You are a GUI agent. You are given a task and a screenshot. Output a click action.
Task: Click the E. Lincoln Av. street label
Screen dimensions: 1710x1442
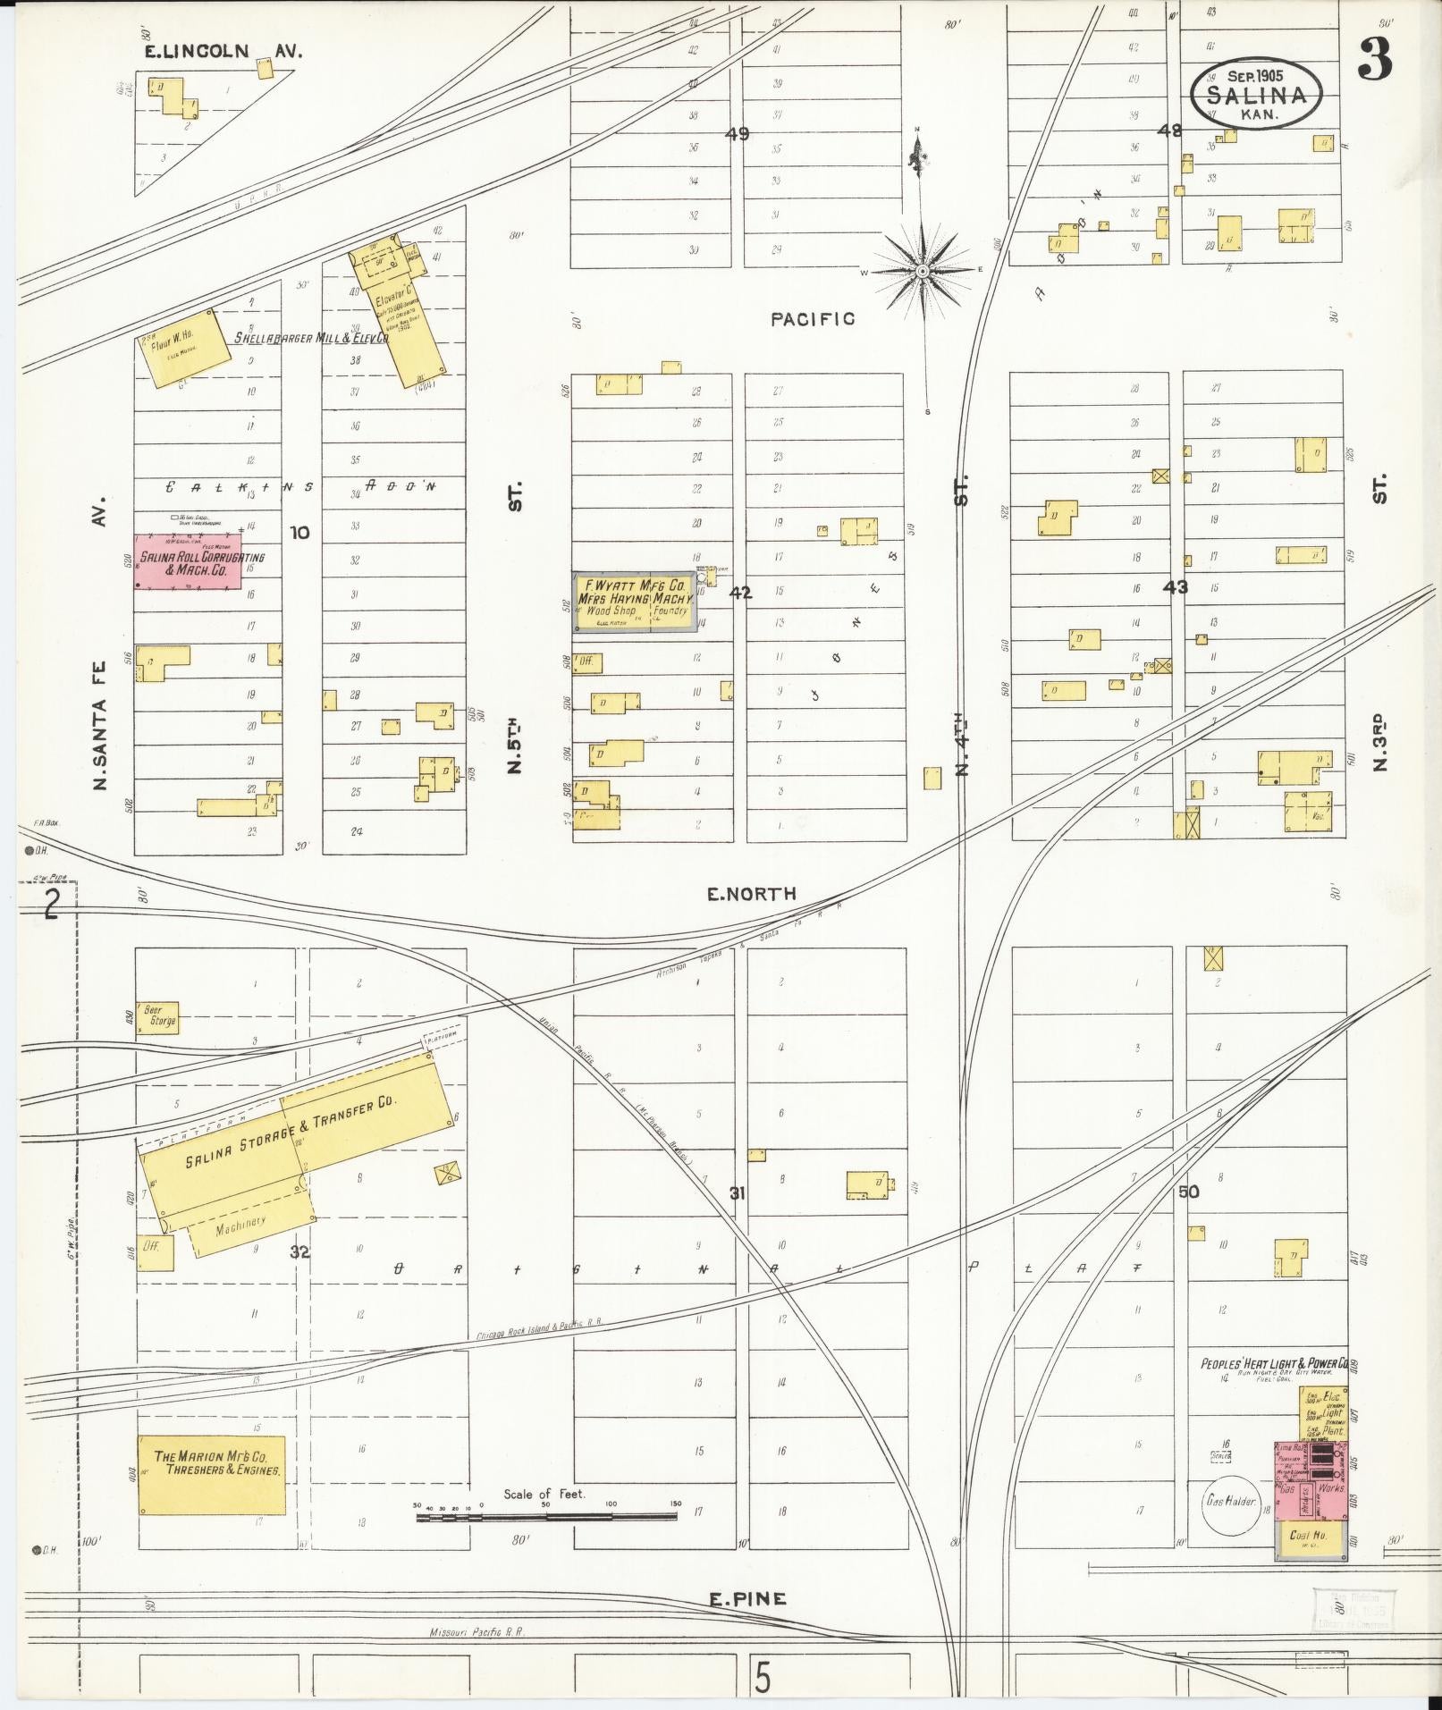point(223,52)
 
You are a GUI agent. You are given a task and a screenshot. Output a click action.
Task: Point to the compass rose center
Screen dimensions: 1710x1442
point(922,270)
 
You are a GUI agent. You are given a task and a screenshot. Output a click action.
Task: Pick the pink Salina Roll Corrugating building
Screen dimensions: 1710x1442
point(188,562)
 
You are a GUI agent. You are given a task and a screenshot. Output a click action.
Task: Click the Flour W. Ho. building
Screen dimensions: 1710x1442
point(179,348)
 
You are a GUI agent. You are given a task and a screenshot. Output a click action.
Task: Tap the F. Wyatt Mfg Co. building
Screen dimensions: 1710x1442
point(634,602)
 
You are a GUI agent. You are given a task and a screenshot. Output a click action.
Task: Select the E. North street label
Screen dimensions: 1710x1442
point(751,893)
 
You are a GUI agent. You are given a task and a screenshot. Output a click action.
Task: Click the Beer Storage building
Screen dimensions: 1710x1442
point(157,1017)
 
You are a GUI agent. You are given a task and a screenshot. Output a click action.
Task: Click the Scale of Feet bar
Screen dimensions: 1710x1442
point(545,1517)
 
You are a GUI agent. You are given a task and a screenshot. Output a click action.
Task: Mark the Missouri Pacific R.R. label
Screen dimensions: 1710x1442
point(477,1631)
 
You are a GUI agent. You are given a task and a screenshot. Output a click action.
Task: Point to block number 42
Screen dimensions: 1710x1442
point(740,592)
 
